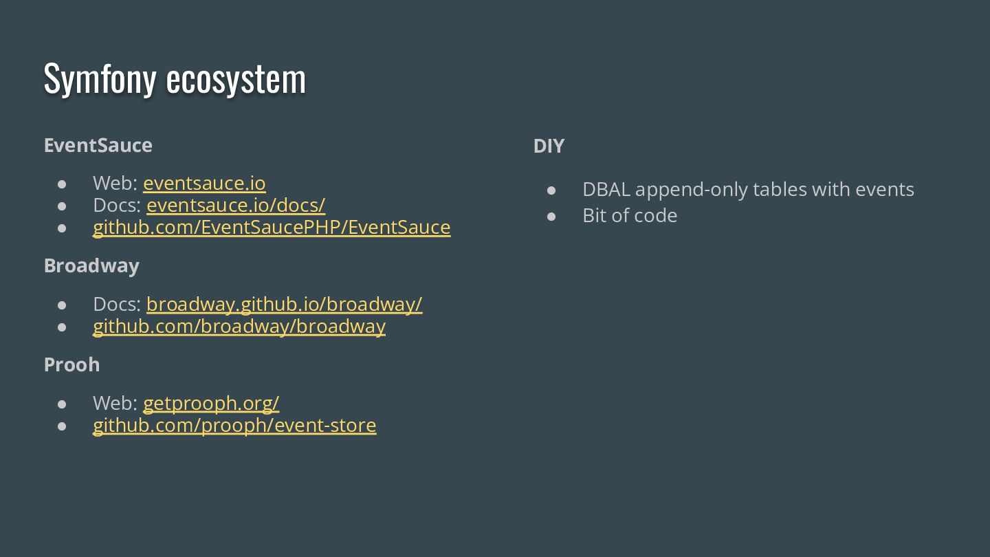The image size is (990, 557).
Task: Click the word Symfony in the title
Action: pyautogui.click(x=100, y=79)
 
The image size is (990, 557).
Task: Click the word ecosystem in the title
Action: pyautogui.click(x=236, y=79)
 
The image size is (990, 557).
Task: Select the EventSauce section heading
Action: pyautogui.click(x=98, y=145)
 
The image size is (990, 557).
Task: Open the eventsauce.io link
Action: pyautogui.click(x=204, y=183)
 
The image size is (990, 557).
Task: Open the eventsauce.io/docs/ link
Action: pyautogui.click(x=236, y=205)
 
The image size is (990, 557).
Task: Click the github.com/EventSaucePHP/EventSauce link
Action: pyautogui.click(x=272, y=227)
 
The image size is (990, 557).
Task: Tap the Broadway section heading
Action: pyautogui.click(x=91, y=265)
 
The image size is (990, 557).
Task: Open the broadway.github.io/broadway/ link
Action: pyautogui.click(x=284, y=304)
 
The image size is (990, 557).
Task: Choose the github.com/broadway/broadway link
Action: pyautogui.click(x=239, y=326)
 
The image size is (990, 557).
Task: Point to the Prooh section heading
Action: pyautogui.click(x=72, y=364)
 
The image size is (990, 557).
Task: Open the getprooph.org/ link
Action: pyautogui.click(x=211, y=403)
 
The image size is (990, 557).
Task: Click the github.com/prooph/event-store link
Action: pyautogui.click(x=234, y=425)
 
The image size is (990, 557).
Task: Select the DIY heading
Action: pyautogui.click(x=549, y=146)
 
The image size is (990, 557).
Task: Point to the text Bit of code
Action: pyautogui.click(x=630, y=215)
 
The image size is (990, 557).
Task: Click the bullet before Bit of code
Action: pyautogui.click(x=551, y=216)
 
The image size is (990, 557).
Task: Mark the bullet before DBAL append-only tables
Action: pyautogui.click(x=551, y=190)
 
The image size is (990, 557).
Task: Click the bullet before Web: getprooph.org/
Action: pyautogui.click(x=62, y=404)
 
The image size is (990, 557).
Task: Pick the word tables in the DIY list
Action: pyautogui.click(x=780, y=189)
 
